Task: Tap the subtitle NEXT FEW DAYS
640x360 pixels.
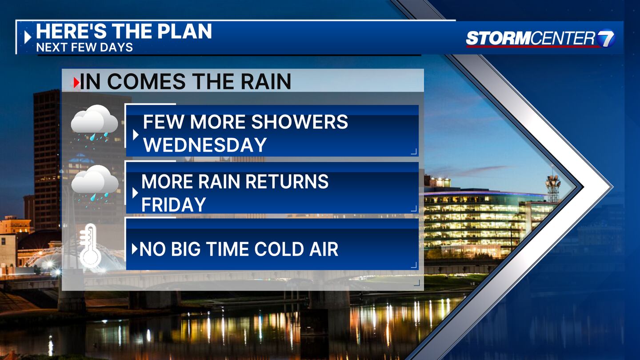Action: [x=84, y=47]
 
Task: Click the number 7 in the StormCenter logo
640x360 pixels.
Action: [x=606, y=38]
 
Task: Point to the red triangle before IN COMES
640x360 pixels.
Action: [x=76, y=83]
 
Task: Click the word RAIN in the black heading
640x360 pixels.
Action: [x=266, y=81]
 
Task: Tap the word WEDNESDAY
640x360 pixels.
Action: [x=205, y=144]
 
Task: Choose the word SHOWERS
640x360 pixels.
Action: [x=300, y=122]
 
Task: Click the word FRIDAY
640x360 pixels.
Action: [x=174, y=204]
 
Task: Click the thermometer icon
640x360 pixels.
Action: [x=90, y=244]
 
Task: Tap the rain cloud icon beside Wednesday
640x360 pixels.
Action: [x=94, y=124]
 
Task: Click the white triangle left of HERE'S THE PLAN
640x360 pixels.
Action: [x=28, y=37]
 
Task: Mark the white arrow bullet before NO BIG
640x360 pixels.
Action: [x=135, y=249]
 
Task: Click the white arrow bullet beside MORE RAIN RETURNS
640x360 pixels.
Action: [x=135, y=193]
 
